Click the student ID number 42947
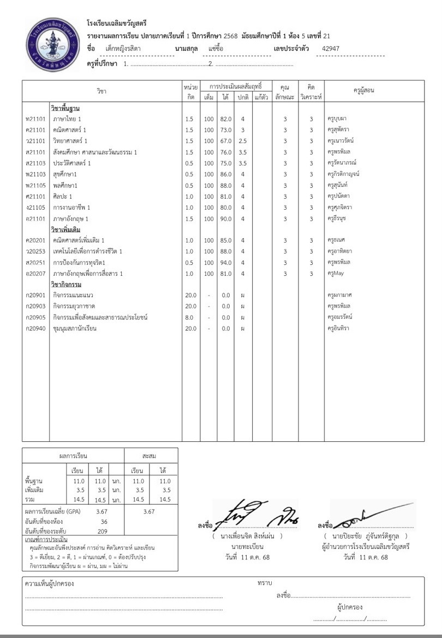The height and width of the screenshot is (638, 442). pos(331,49)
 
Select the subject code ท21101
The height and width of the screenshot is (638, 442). pos(35,119)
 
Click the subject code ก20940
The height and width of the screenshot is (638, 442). pos(35,328)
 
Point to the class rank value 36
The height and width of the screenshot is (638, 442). pos(104,522)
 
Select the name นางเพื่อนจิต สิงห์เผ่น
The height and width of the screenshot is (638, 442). pos(248,537)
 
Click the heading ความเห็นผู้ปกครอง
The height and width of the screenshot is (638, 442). pos(50,584)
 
